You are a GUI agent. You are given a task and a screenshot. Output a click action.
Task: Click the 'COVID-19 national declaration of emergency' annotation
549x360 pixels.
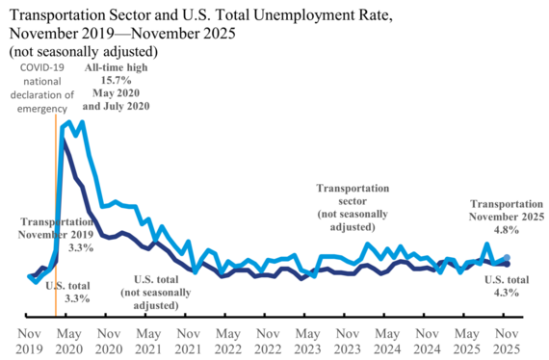(x=45, y=88)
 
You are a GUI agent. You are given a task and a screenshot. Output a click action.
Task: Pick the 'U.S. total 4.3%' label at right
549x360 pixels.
(x=505, y=286)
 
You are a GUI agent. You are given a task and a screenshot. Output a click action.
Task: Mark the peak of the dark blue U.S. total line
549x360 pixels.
(x=64, y=139)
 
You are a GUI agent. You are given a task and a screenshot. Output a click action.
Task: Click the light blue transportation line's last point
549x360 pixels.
(x=508, y=257)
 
